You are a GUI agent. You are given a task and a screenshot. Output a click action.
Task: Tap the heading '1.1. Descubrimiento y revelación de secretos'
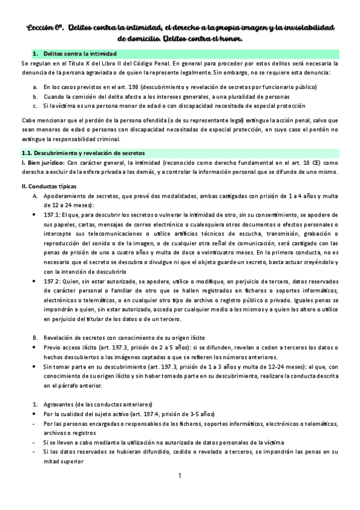click(x=82, y=153)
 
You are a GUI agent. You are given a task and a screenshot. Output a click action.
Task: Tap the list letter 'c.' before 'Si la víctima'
click(x=36, y=105)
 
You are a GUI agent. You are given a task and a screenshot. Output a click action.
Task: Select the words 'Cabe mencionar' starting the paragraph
click(x=41, y=120)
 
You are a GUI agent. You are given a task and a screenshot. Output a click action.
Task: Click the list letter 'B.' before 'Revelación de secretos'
click(x=35, y=338)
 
